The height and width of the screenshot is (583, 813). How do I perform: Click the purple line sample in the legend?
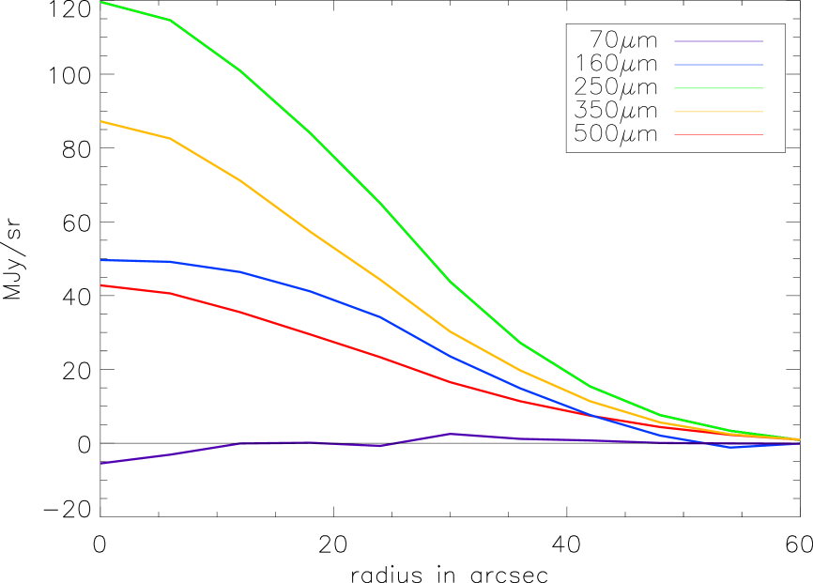click(718, 41)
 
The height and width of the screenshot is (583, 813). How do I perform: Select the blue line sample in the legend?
click(718, 65)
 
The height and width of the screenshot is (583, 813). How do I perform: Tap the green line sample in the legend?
click(718, 88)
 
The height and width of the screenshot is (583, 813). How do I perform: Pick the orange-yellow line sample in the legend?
click(718, 112)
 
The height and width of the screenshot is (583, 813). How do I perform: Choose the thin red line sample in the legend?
click(718, 134)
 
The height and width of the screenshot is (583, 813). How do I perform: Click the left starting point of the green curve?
click(101, 2)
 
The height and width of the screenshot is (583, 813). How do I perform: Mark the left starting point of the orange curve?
click(101, 121)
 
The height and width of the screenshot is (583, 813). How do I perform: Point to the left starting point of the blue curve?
click(101, 260)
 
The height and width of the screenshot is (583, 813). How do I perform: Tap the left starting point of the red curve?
click(101, 285)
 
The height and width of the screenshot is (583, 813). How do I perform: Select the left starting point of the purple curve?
click(101, 463)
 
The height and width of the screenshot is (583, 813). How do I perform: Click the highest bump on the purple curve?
click(451, 434)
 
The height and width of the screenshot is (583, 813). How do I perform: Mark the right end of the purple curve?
click(799, 443)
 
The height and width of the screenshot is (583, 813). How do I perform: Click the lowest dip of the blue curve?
click(730, 447)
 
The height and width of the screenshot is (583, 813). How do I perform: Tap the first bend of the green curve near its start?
click(170, 20)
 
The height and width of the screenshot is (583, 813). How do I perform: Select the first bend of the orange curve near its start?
click(170, 138)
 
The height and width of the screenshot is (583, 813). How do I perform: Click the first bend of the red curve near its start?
click(170, 293)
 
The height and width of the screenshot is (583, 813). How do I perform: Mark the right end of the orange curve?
click(799, 439)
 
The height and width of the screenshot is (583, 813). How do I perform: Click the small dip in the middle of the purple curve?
click(381, 446)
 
